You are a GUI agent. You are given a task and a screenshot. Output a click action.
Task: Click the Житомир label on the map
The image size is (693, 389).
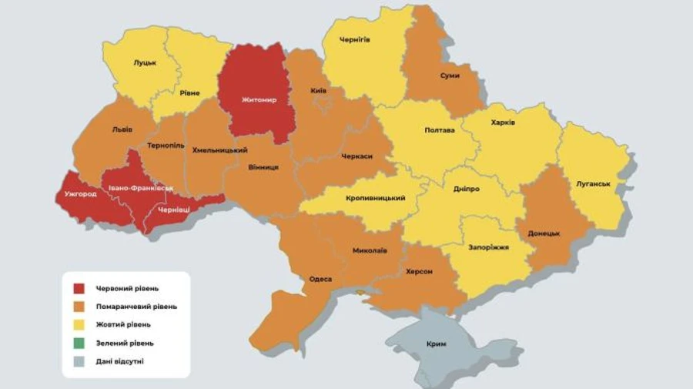point(255,99)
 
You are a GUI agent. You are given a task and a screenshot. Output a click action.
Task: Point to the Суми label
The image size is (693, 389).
point(450,75)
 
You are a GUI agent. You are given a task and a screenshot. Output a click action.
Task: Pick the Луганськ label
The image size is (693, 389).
point(593,183)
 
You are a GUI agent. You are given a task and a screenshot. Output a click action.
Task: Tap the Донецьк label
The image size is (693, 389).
point(544,233)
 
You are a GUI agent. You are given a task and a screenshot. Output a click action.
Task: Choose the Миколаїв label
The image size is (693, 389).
point(370,250)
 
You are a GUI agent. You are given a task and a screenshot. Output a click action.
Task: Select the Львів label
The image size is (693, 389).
point(122,129)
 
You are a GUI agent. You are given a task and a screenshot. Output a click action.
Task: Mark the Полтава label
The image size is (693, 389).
point(439,130)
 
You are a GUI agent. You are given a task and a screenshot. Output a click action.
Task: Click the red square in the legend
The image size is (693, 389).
point(79,289)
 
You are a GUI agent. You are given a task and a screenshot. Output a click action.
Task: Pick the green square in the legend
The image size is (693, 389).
point(79,343)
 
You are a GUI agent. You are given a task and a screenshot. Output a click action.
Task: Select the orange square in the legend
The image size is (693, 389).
point(79,307)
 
